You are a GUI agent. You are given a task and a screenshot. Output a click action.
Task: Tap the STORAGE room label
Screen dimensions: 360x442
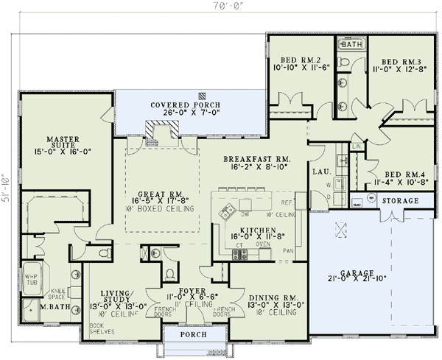(x=400, y=200)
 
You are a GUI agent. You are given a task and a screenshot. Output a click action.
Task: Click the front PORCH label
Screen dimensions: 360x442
(x=192, y=335)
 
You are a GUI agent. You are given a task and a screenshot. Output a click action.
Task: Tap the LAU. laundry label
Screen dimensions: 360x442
(x=320, y=172)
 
